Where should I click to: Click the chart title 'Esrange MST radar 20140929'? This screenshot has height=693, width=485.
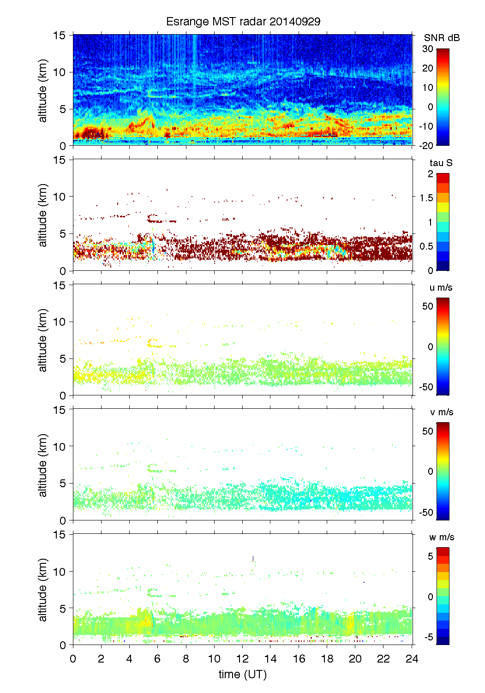coord(243,22)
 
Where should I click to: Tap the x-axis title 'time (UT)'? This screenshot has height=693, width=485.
coord(243,674)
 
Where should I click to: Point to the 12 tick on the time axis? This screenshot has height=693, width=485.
coord(243,659)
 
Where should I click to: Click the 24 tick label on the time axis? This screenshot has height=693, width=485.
coord(412,659)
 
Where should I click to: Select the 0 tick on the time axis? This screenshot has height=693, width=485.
coord(73,659)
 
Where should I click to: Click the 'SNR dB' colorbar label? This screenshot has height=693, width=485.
coord(442,38)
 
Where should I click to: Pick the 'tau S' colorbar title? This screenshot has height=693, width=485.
coord(441,163)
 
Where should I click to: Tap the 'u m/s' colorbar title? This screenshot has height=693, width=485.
coord(441,287)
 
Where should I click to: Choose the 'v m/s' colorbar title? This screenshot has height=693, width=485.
coord(441,412)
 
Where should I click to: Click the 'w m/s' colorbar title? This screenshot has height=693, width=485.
coord(442,537)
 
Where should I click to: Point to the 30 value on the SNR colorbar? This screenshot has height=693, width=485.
coord(428,49)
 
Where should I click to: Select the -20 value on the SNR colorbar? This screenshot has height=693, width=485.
coord(426,145)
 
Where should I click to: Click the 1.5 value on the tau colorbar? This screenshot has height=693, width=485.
coord(426,198)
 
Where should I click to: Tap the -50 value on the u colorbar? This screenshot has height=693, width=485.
coord(426,387)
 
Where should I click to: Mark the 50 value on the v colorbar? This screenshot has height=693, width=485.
coord(428,431)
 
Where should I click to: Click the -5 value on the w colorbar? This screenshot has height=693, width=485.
coord(429,637)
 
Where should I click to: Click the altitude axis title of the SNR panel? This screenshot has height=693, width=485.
coord(43,90)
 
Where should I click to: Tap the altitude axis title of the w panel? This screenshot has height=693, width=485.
coord(43,590)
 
